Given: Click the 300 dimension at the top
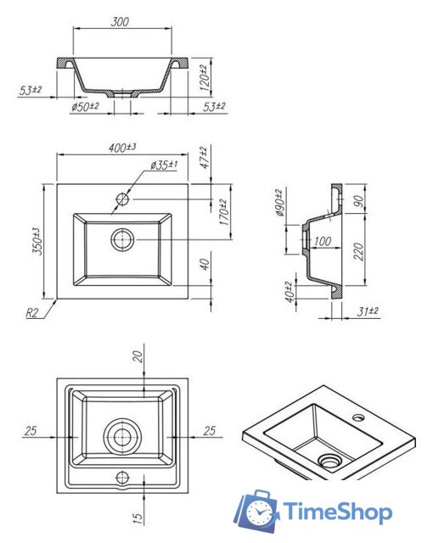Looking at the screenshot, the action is coord(120,21).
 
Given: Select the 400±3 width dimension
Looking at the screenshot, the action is coord(122,148).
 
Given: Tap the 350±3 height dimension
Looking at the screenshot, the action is coord(37,241).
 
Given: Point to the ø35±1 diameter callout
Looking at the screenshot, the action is coord(164,165).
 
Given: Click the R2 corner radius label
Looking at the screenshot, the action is coord(31,313).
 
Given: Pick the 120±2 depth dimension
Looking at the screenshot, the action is coord(205,78).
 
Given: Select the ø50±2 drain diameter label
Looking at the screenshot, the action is coord(85,106).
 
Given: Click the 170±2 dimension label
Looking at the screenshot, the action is coord(224,213).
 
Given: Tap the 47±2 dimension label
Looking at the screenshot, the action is coord(205,158).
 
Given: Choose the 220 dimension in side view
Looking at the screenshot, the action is coord(359,251).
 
